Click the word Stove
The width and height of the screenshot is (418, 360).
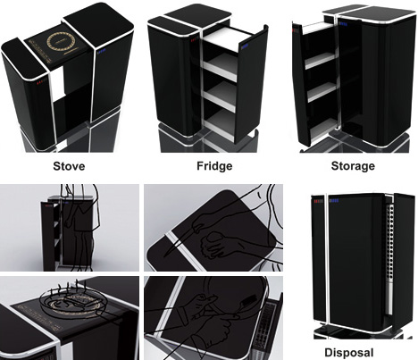[x=69, y=166]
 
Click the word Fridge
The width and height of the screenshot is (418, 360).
[x=214, y=166]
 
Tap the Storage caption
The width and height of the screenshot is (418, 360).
[x=353, y=166]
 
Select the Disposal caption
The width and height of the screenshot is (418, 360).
[x=348, y=353]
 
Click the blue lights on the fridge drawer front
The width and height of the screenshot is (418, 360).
[x=245, y=46]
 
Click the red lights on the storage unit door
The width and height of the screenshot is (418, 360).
[x=295, y=30]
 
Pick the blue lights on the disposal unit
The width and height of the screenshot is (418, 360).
[x=334, y=200]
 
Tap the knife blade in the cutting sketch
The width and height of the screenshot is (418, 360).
[x=179, y=242]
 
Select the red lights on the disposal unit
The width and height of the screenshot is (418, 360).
[x=317, y=202]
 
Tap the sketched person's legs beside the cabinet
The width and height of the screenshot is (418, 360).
[x=79, y=250]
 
